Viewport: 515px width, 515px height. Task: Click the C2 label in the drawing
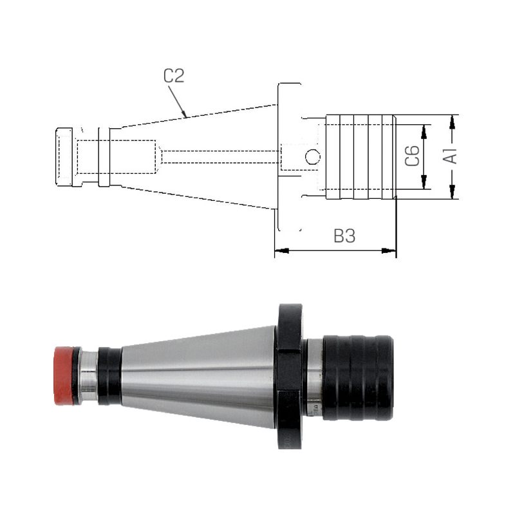(x=174, y=76)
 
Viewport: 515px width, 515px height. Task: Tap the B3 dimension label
(x=344, y=236)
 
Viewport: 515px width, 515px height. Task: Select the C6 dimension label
(x=412, y=156)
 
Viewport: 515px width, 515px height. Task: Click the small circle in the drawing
(x=312, y=156)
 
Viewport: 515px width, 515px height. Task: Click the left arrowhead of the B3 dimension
(x=281, y=250)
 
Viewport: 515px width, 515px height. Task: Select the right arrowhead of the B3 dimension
(x=389, y=250)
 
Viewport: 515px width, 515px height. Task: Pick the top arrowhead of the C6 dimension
(x=424, y=131)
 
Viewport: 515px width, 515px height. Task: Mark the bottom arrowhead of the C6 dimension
(x=424, y=182)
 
